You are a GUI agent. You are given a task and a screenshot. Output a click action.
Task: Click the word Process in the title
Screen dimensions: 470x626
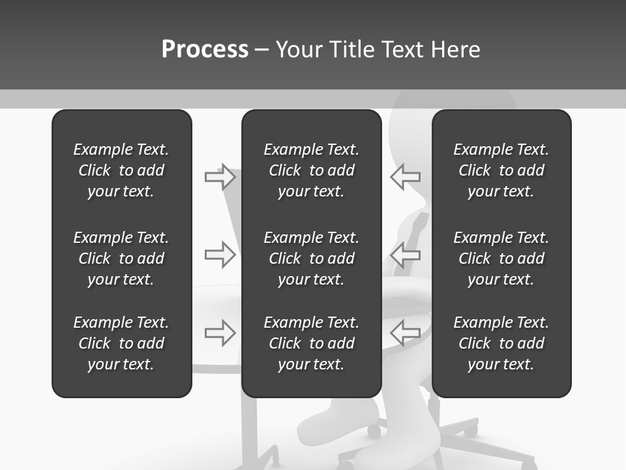[205, 50]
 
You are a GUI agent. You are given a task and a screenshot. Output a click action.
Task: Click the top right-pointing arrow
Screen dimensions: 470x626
[220, 177]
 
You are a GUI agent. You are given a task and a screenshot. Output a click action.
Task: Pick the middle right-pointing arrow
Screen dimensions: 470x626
[220, 255]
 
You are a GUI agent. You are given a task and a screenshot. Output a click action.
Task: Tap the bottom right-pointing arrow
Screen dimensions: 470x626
[220, 333]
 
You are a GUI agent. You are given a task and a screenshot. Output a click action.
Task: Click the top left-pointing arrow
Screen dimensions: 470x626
[406, 177]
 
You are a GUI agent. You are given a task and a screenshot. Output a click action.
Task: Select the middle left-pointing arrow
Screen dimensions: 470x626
[406, 255]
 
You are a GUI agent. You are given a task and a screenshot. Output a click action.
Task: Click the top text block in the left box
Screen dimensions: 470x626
[121, 170]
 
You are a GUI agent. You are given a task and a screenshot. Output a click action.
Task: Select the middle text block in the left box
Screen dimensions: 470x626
[121, 258]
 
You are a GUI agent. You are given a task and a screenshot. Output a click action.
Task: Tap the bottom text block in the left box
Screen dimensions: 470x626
[121, 343]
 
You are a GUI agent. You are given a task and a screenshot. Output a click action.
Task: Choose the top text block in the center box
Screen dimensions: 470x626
[311, 170]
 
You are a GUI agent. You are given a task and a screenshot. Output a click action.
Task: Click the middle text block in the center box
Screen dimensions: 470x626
[311, 258]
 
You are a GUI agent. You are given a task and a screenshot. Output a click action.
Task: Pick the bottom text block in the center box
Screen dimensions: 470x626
[311, 343]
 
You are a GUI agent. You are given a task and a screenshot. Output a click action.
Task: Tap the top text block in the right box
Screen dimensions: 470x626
[501, 170]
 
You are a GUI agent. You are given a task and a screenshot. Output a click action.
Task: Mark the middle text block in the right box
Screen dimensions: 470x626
[501, 258]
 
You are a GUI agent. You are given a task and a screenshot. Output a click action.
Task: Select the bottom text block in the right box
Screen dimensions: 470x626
[501, 343]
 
